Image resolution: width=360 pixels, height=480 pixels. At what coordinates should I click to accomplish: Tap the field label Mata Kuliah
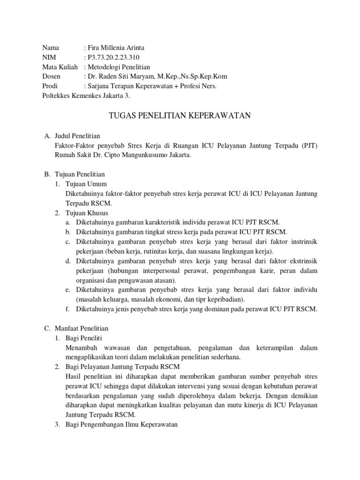coord(59,67)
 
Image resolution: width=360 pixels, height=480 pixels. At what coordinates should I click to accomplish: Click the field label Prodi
coord(50,86)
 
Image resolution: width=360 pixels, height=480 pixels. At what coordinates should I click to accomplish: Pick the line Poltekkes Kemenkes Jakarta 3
coord(86,96)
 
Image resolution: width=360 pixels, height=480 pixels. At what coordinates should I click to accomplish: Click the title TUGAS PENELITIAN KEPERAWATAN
coord(180,115)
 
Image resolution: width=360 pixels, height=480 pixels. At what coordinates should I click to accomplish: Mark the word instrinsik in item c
coord(302,242)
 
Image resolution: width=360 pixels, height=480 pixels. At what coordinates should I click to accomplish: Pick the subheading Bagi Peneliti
coord(85,338)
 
